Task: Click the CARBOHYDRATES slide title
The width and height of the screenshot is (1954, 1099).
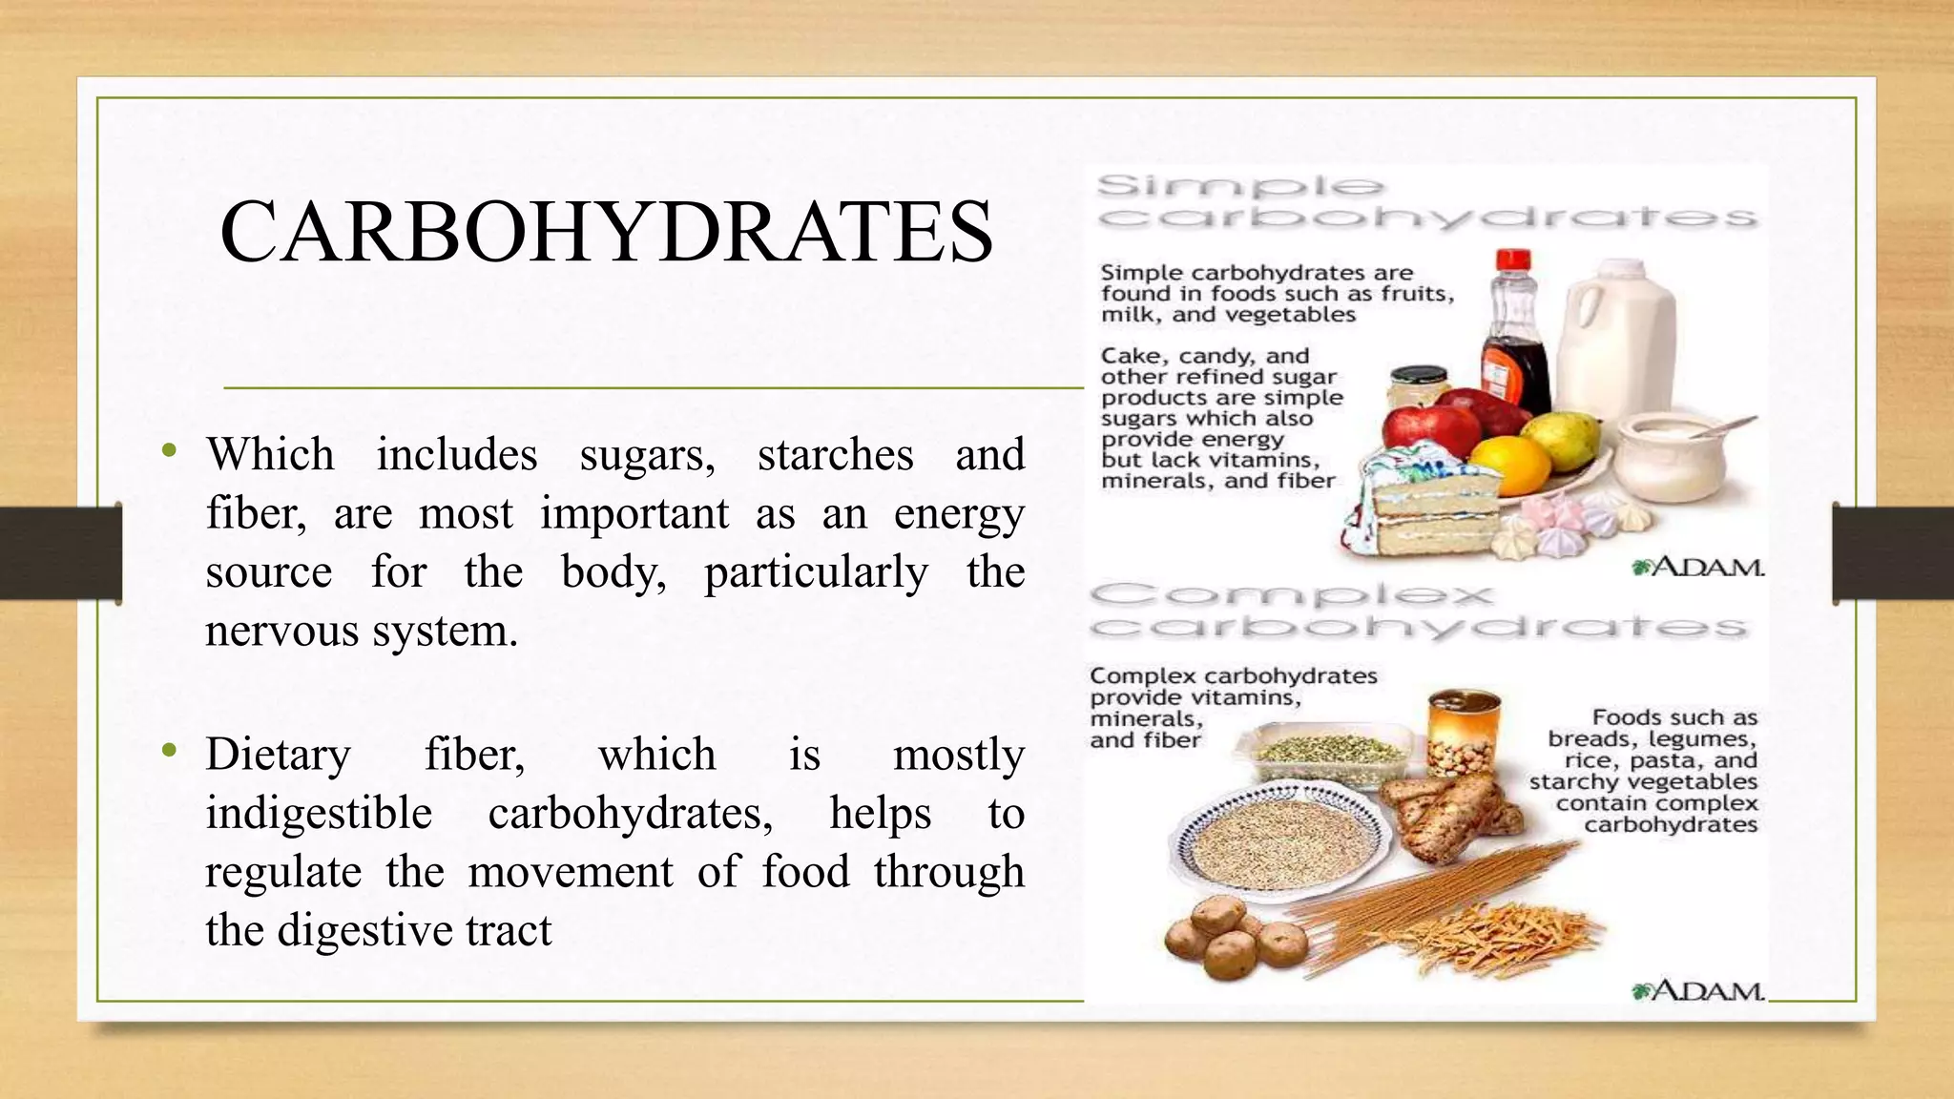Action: click(x=607, y=231)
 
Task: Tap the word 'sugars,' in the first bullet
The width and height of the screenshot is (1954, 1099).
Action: click(x=648, y=455)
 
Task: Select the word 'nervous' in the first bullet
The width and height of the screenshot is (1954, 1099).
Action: click(x=282, y=631)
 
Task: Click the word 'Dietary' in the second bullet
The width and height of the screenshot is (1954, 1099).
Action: click(x=279, y=755)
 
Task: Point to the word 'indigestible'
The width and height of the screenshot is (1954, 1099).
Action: click(x=319, y=814)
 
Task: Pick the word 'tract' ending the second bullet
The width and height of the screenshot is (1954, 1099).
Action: click(x=509, y=930)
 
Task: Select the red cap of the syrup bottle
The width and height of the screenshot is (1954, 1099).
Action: click(x=1514, y=259)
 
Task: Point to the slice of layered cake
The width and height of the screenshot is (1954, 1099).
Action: click(x=1412, y=506)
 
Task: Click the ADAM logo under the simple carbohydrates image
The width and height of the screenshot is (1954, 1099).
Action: click(x=1698, y=568)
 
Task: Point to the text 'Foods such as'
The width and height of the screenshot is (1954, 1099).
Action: click(x=1674, y=717)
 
